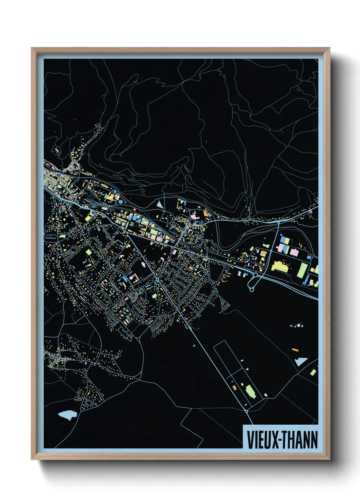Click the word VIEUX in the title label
[262, 440]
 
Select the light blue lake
[67, 415]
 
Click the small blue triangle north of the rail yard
[159, 204]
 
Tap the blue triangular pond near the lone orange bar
[300, 361]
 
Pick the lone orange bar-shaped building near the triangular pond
[295, 349]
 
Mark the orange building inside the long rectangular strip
[234, 387]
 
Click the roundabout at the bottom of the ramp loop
[251, 289]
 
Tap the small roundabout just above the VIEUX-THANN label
[246, 411]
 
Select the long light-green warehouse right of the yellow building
[302, 270]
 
